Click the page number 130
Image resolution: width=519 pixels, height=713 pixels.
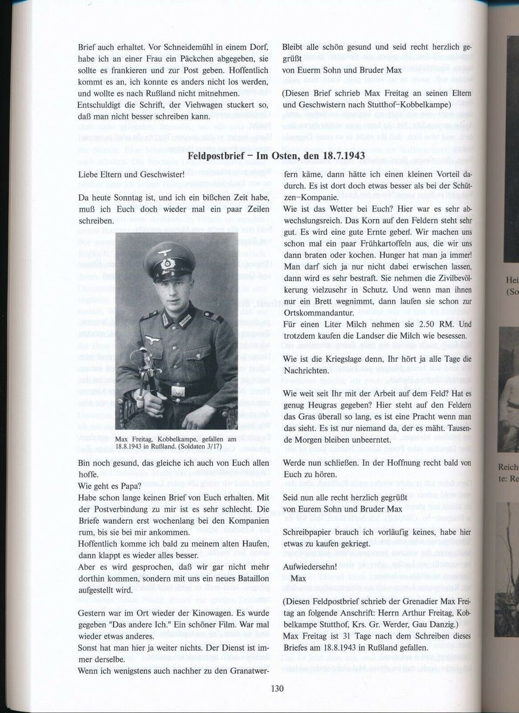pyautogui.click(x=276, y=689)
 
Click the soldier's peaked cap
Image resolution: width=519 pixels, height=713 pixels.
pyautogui.click(x=169, y=258)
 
